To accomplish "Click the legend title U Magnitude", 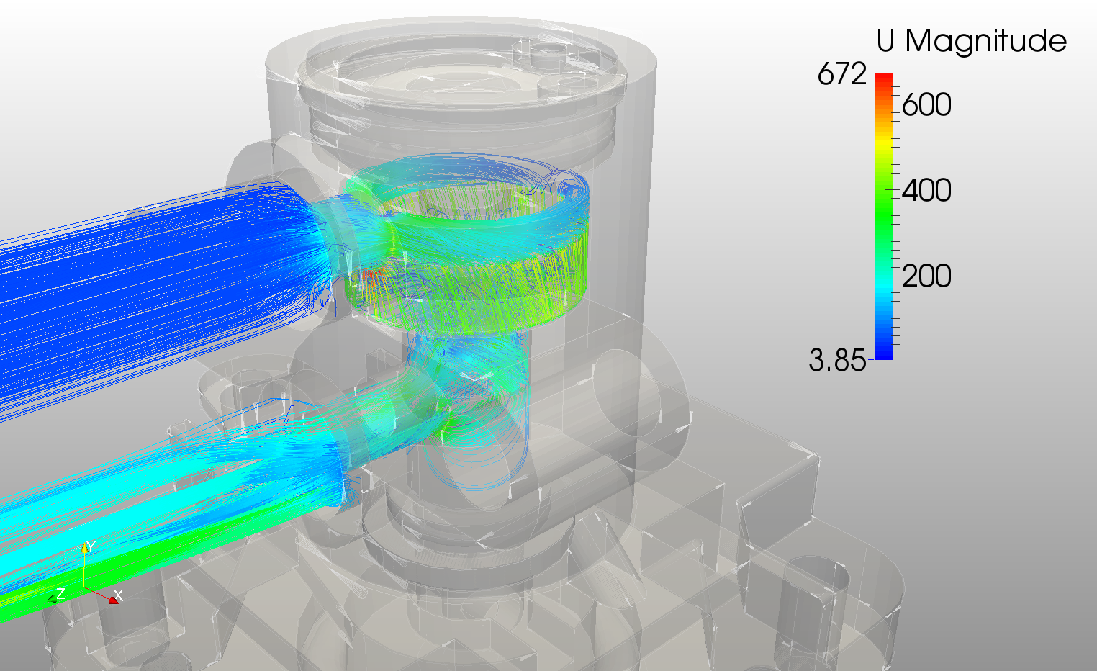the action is (x=971, y=40).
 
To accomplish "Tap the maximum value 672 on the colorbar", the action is (x=842, y=74).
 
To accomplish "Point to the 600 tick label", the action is (x=926, y=104).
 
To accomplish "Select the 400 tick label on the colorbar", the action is (x=926, y=190).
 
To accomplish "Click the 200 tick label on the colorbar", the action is (x=926, y=276).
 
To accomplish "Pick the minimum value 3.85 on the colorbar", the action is (x=837, y=361).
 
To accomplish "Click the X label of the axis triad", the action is (x=118, y=595).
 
